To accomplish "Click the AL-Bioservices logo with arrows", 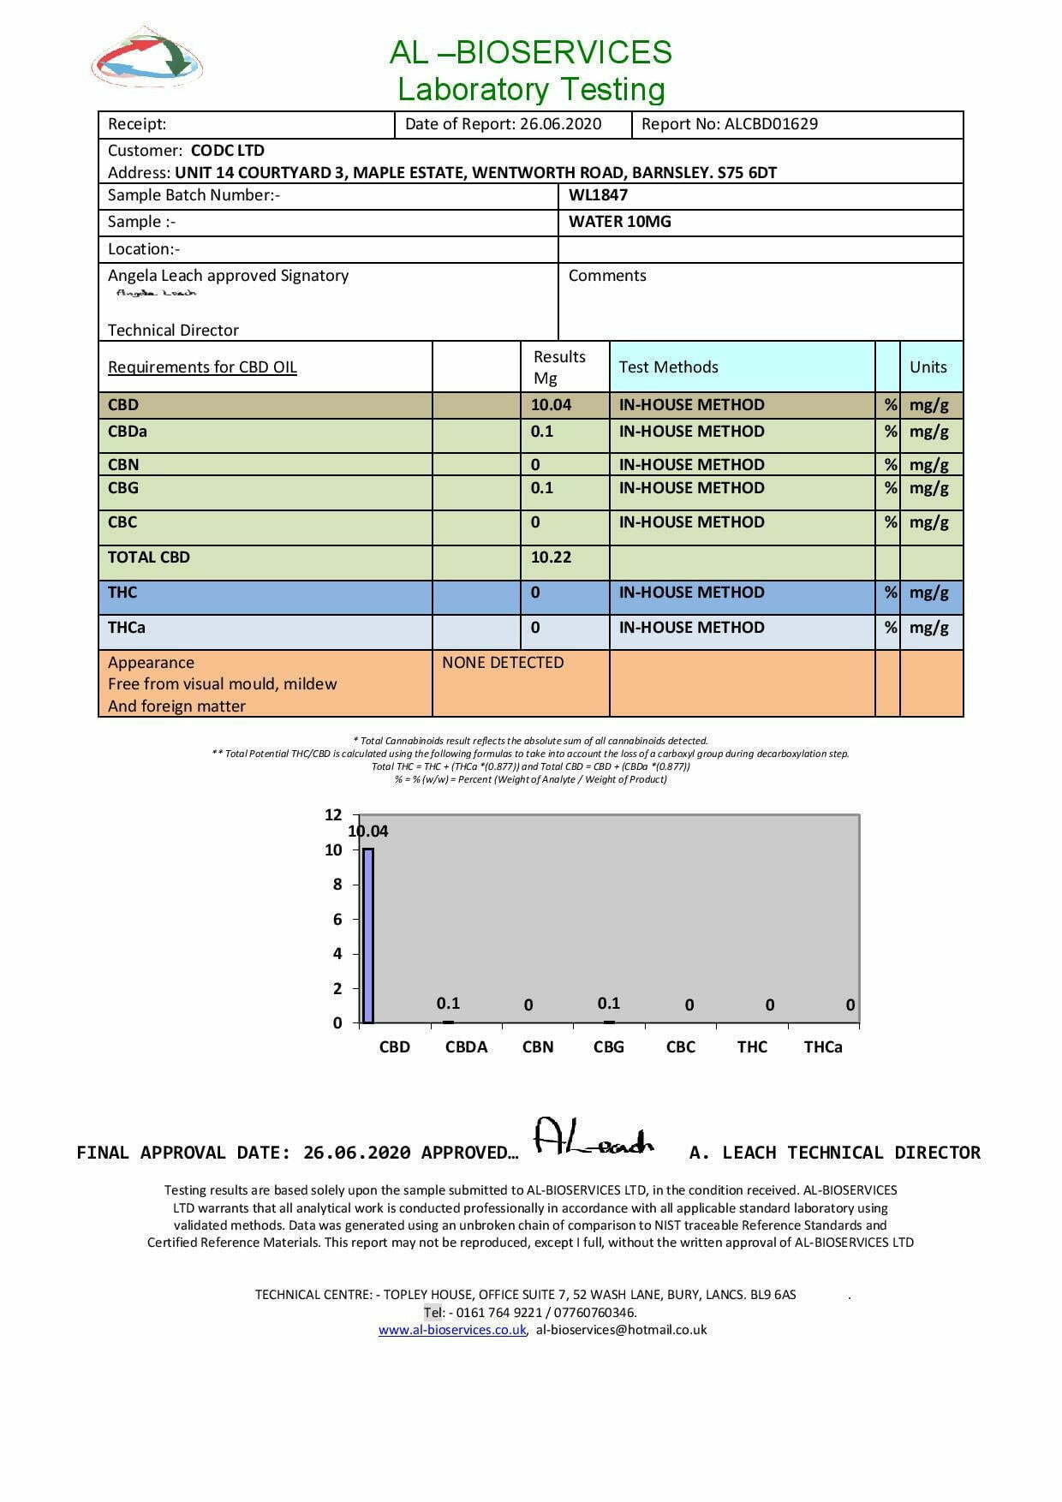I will pos(146,58).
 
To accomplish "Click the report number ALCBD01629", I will pos(771,124).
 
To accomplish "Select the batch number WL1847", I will pos(598,195).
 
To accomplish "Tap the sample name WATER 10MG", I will pos(619,222).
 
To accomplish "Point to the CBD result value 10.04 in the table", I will pos(551,405).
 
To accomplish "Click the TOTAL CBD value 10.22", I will pos(551,557).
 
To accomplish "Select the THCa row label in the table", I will pos(126,628).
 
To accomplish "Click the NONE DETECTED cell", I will pos(503,663).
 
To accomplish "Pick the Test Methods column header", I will pos(668,367).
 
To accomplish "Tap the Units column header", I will pos(928,367).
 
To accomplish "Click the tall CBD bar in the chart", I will pos(368,935).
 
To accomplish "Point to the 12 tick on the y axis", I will pos(333,815).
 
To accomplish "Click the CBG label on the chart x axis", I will pos(609,1047).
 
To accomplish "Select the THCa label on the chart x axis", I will pos(823,1047).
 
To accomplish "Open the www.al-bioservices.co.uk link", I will pos(452,1330).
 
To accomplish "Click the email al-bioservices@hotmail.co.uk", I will pos(622,1330).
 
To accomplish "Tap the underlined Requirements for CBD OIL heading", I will pos(202,367).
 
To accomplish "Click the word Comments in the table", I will pos(607,276).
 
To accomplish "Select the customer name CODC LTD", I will pos(227,151).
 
